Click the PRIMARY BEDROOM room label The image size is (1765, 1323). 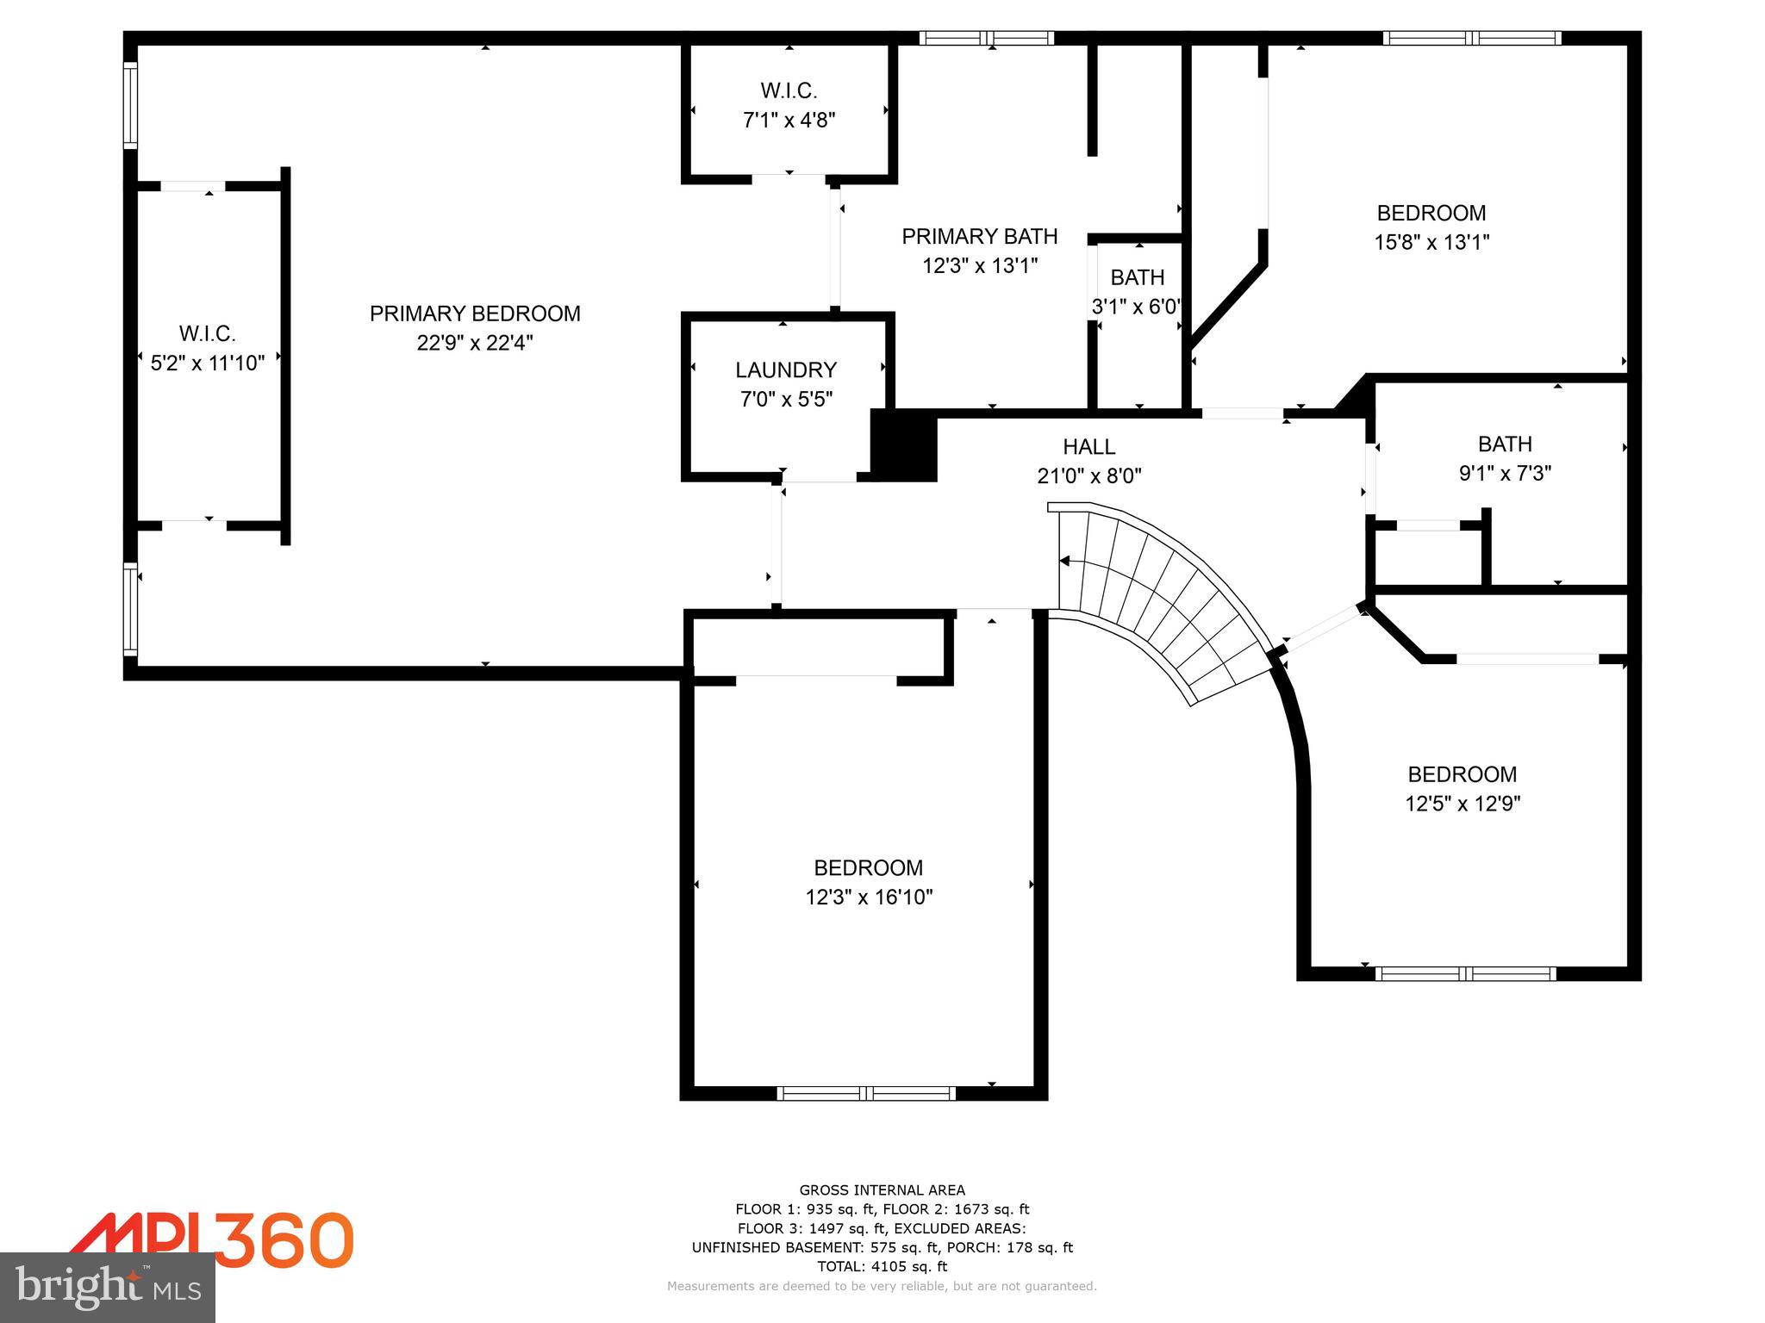click(x=475, y=314)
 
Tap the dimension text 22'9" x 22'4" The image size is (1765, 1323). click(x=475, y=343)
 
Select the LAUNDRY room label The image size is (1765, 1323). click(x=785, y=370)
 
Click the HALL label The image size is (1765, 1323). click(x=1088, y=447)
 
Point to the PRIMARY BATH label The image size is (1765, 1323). click(x=979, y=236)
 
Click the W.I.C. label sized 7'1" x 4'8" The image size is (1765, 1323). click(x=789, y=90)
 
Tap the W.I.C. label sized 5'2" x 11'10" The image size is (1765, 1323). click(x=207, y=333)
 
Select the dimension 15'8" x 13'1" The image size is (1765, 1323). click(x=1431, y=242)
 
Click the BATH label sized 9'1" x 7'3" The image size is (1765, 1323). click(x=1505, y=444)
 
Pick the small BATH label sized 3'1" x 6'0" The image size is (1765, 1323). click(x=1137, y=277)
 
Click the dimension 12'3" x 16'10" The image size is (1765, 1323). click(x=869, y=898)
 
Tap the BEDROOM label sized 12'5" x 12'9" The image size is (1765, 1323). click(x=1462, y=774)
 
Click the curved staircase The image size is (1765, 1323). click(x=1163, y=594)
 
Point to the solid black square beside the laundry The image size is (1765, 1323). click(x=903, y=446)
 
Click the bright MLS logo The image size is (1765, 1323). click(x=107, y=1287)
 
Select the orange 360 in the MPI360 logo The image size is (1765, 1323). click(x=284, y=1240)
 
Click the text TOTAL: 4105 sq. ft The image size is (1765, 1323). click(x=882, y=1266)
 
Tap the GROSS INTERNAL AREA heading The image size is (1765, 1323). click(x=882, y=1190)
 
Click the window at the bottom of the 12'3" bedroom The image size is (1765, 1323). click(x=866, y=1093)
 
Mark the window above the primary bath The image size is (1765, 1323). click(x=986, y=38)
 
